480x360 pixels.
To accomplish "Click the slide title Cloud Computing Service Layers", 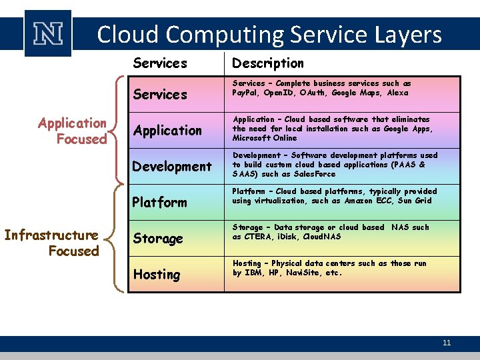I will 269,34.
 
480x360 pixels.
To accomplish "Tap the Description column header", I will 267,63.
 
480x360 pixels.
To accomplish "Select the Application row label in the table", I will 167,131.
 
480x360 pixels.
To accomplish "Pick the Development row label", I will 171,167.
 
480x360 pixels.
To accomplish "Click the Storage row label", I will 159,239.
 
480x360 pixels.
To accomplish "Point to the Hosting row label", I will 157,275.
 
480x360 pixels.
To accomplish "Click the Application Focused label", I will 72,131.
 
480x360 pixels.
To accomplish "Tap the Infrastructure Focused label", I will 51,243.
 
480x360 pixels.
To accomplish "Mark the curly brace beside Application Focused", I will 118,130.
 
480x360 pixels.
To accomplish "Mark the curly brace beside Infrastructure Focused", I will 118,239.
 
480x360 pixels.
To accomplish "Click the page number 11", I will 447,343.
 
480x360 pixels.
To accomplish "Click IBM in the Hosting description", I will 253,273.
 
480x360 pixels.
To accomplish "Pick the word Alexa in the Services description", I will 397,93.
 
